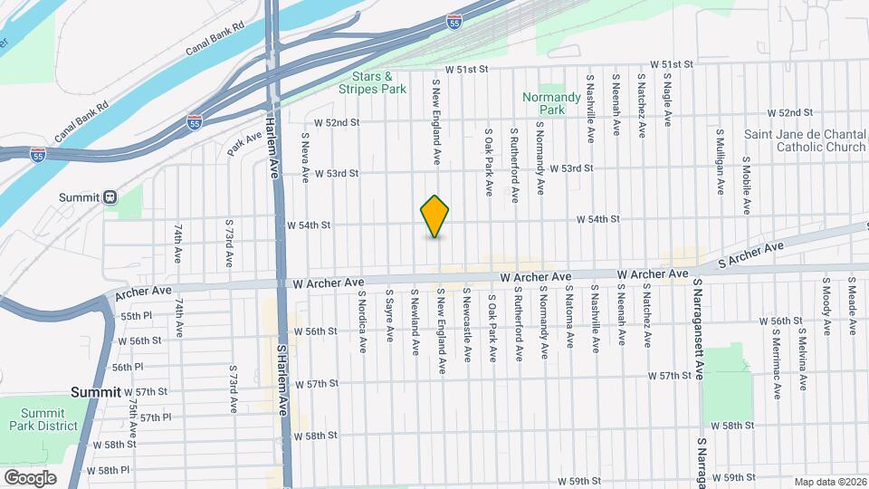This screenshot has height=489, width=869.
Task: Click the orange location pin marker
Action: [435, 216]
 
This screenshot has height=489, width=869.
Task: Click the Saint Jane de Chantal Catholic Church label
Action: [805, 140]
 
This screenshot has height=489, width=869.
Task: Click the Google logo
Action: [30, 477]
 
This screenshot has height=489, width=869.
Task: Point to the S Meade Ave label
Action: [852, 307]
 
